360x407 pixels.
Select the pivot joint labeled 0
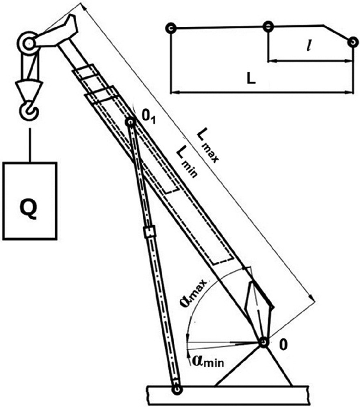(x=263, y=343)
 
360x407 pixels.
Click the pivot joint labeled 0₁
(x=130, y=122)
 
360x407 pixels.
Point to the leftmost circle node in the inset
(x=169, y=28)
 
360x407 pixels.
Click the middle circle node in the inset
(x=268, y=27)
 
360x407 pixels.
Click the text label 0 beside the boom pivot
(x=284, y=346)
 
